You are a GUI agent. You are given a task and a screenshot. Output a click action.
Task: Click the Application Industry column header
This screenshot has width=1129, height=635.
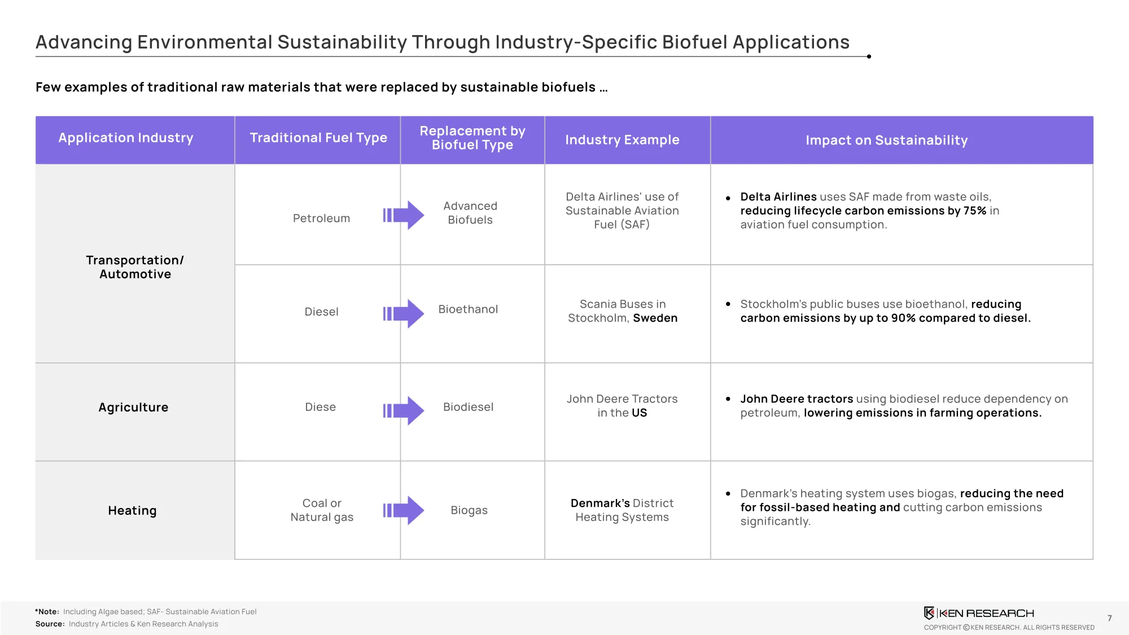[x=126, y=138]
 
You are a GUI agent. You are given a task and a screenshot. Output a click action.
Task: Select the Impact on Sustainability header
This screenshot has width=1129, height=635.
[x=886, y=140]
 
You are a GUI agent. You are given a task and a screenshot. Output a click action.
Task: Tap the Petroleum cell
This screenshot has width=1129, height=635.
[x=321, y=218]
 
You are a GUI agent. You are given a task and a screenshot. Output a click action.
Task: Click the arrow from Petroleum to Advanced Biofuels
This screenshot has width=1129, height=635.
[x=404, y=215]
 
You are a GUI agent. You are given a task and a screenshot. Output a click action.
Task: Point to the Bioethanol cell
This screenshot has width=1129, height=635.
[x=468, y=309]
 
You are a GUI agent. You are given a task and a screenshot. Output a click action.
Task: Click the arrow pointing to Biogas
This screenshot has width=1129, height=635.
[x=404, y=510]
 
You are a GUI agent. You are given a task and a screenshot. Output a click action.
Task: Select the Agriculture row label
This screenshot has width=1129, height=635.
[x=133, y=408]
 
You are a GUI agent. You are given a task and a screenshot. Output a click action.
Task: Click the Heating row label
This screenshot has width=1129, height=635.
[x=132, y=511]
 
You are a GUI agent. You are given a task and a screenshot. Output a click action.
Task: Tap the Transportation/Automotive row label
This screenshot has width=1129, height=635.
[x=135, y=267]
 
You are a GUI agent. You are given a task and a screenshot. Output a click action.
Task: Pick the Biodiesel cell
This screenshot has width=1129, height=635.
[x=468, y=407]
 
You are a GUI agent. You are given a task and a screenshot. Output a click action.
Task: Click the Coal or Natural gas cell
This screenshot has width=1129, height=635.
[x=322, y=510]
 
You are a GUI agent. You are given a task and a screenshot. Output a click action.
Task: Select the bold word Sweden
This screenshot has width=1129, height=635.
[x=655, y=318]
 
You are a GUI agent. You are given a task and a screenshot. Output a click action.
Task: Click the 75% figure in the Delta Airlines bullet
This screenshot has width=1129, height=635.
[x=974, y=211]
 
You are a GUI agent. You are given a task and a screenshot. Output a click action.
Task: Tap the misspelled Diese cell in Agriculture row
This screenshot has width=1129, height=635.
[x=320, y=407]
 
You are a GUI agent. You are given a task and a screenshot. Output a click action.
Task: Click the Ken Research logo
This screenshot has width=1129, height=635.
[x=979, y=613]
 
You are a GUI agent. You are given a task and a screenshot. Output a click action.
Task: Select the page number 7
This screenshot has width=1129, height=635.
[x=1109, y=618]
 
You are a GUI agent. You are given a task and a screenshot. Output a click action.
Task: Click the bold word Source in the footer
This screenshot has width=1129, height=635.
[x=50, y=624]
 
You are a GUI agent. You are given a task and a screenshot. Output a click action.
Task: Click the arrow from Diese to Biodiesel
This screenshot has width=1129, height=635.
[x=404, y=411]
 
